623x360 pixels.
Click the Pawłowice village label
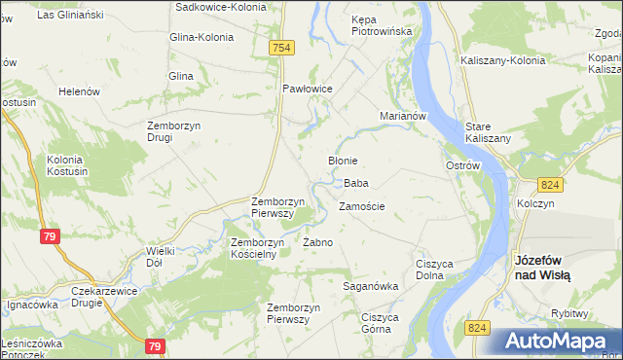click(x=308, y=89)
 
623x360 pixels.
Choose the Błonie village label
click(x=343, y=161)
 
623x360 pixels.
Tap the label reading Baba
click(x=355, y=183)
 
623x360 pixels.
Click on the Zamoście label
click(x=362, y=207)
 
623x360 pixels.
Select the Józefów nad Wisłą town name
click(x=542, y=268)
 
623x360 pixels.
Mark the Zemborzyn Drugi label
click(x=173, y=130)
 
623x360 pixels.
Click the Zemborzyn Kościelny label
click(x=254, y=247)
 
